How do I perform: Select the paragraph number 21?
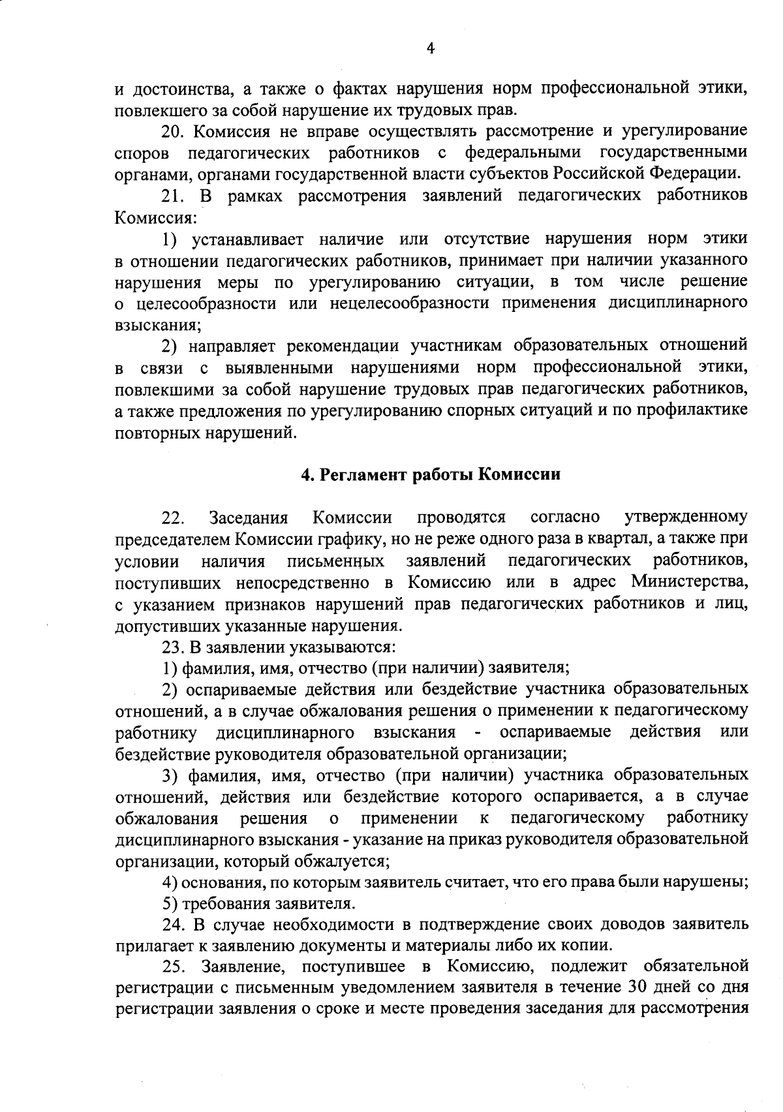tap(173, 196)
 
